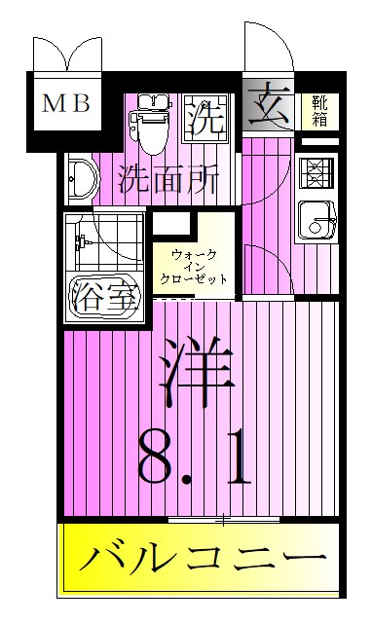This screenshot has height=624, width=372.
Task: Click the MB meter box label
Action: [x=65, y=103]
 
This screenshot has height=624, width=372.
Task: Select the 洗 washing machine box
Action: [x=205, y=119]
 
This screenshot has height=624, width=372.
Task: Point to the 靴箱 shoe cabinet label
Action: [x=318, y=111]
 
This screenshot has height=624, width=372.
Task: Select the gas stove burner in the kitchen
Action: [x=316, y=173]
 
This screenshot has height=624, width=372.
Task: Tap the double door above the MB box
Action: [x=64, y=54]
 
